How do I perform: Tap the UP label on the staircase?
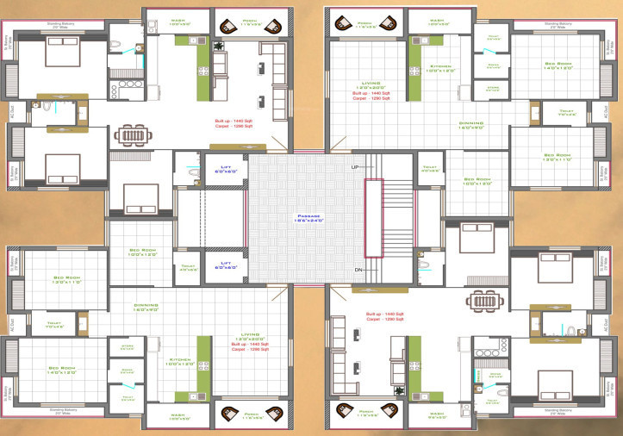click(x=354, y=166)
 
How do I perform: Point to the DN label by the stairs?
click(x=358, y=270)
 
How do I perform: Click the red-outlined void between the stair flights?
click(x=372, y=218)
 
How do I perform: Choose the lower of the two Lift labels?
click(x=226, y=265)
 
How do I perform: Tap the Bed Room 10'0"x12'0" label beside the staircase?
click(x=476, y=182)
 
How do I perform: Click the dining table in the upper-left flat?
click(x=134, y=135)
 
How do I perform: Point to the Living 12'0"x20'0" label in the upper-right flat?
click(x=371, y=86)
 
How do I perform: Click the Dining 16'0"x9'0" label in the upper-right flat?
click(x=470, y=125)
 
